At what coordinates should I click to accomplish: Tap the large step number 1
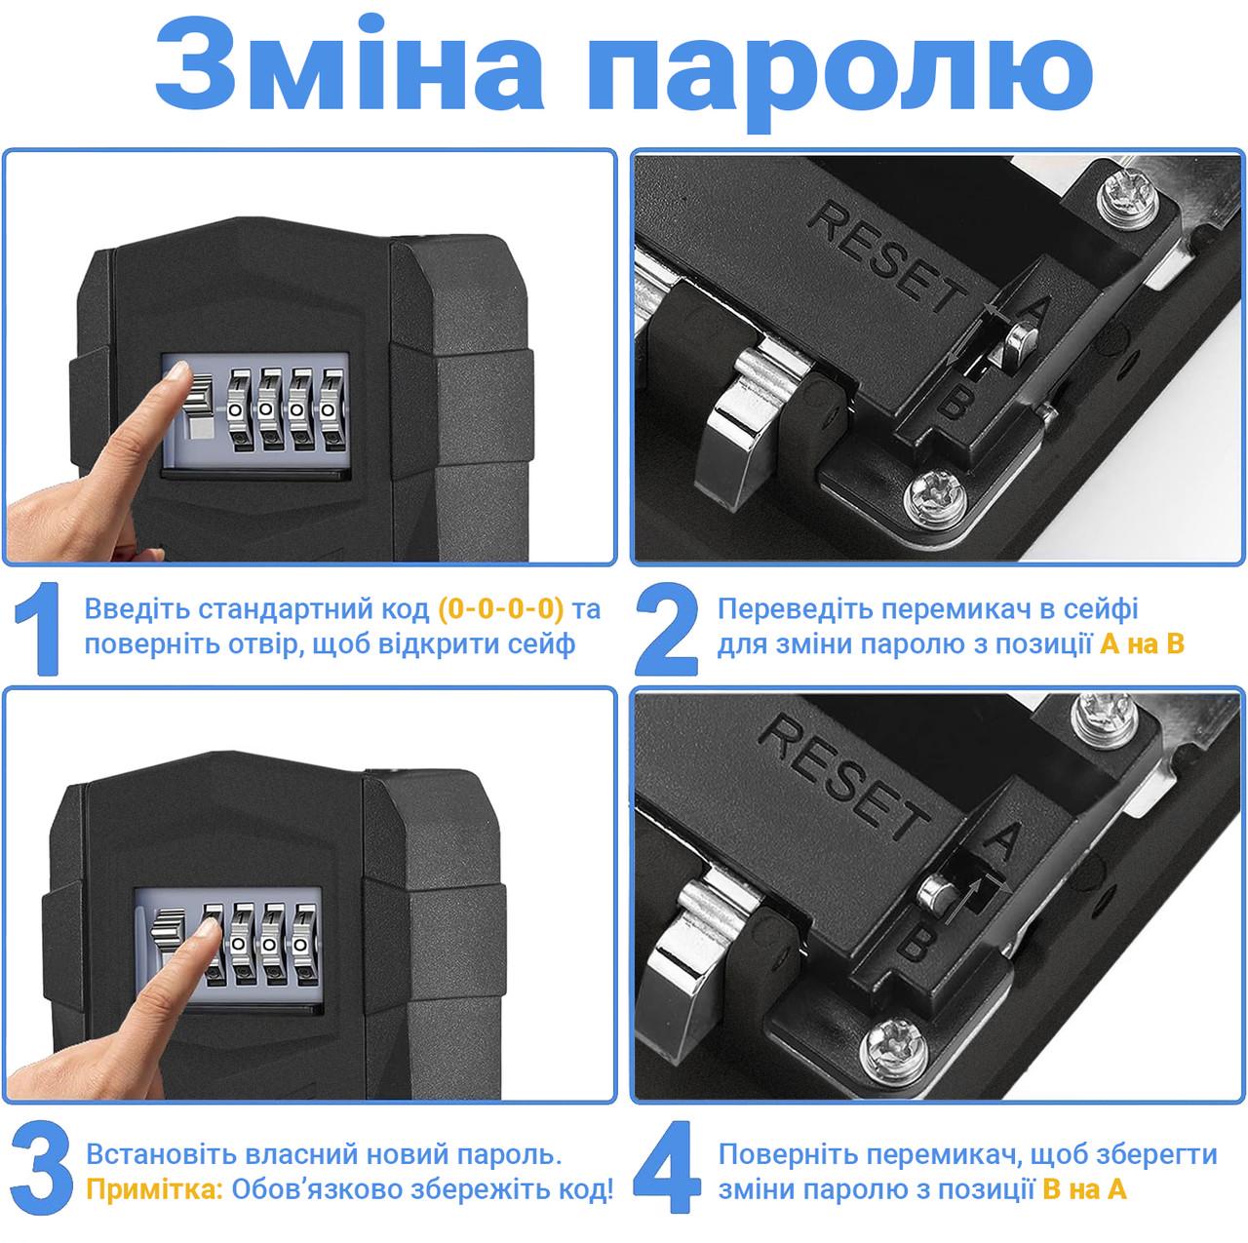(x=37, y=629)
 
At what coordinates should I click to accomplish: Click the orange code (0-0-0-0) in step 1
(x=501, y=610)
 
